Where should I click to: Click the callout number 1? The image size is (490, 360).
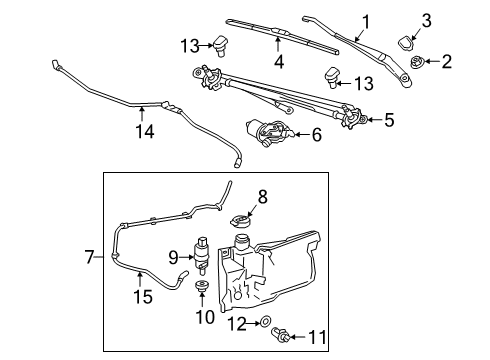[x=366, y=19]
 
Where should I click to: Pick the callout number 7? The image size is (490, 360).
[x=89, y=257]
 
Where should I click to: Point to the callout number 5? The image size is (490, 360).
[x=389, y=121]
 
